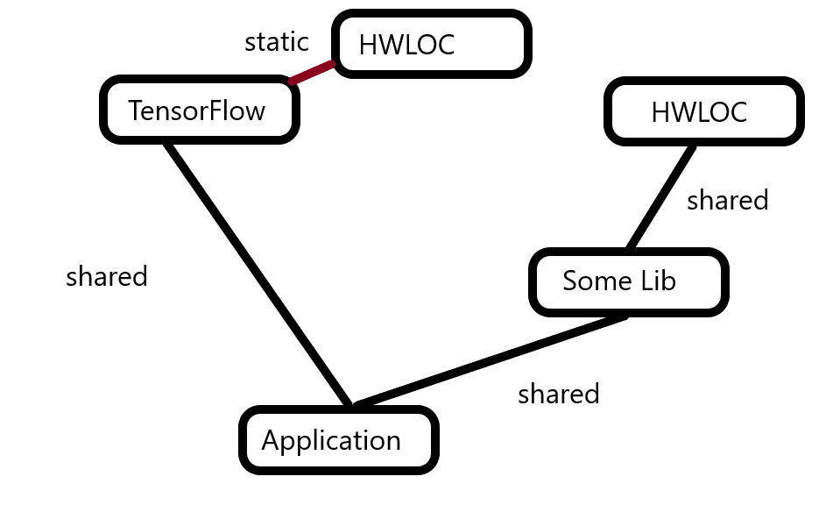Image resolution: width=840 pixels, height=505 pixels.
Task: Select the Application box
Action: [x=338, y=440]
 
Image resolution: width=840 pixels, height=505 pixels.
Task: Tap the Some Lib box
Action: [x=629, y=281]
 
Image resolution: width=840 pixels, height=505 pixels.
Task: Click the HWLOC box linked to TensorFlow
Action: [x=432, y=44]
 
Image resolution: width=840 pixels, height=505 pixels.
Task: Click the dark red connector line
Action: [x=313, y=73]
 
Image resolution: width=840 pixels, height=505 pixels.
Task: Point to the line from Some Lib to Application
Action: [x=491, y=360]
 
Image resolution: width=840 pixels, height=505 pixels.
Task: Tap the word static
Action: [x=277, y=41]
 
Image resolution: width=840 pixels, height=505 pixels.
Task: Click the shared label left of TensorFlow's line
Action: [x=107, y=277]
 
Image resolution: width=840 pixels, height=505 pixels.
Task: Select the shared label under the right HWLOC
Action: [x=727, y=200]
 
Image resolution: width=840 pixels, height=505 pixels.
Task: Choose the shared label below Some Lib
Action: [x=559, y=394]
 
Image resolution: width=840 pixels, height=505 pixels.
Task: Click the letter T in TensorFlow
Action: [x=136, y=110]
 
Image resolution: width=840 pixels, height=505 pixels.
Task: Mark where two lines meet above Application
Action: [x=352, y=405]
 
